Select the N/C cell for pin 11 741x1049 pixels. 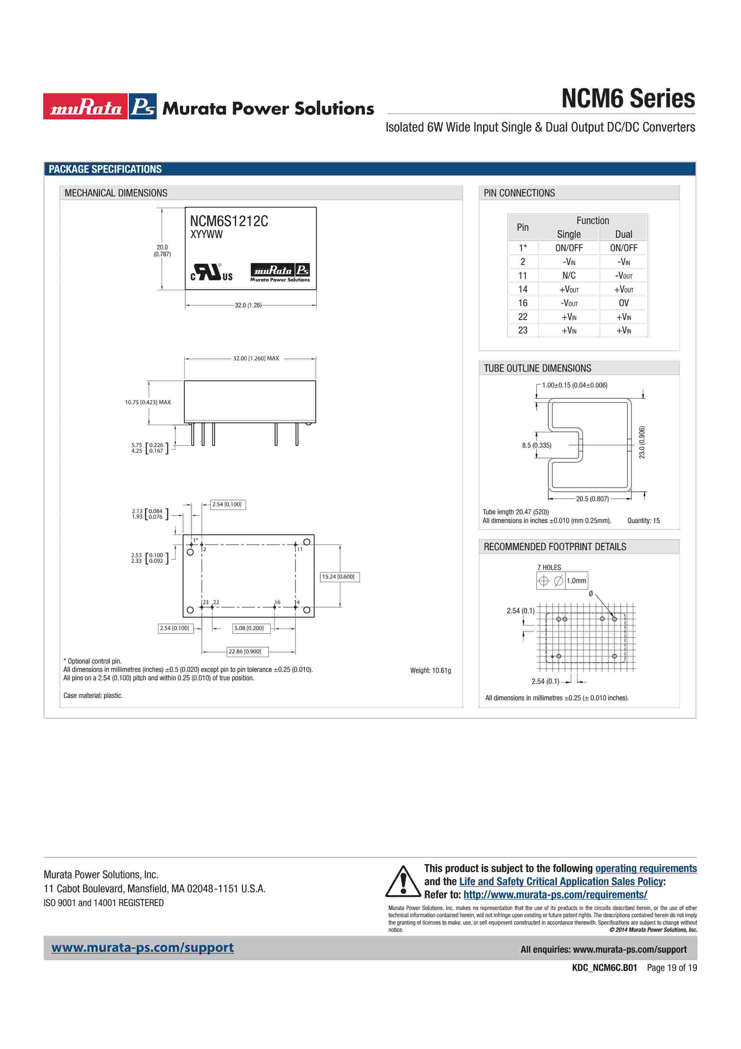[x=569, y=275]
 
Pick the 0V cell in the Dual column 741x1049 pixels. [x=623, y=303]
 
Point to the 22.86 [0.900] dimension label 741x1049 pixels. [x=245, y=652]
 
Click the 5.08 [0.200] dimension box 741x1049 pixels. [x=249, y=628]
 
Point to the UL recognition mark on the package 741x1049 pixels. [x=211, y=272]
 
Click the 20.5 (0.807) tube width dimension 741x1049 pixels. [x=592, y=499]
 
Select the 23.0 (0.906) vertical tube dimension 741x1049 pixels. [x=642, y=442]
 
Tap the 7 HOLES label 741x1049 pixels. [x=549, y=568]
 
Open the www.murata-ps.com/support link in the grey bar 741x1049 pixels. [x=143, y=948]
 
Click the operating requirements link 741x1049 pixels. [x=646, y=868]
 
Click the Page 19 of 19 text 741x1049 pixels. [x=672, y=968]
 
